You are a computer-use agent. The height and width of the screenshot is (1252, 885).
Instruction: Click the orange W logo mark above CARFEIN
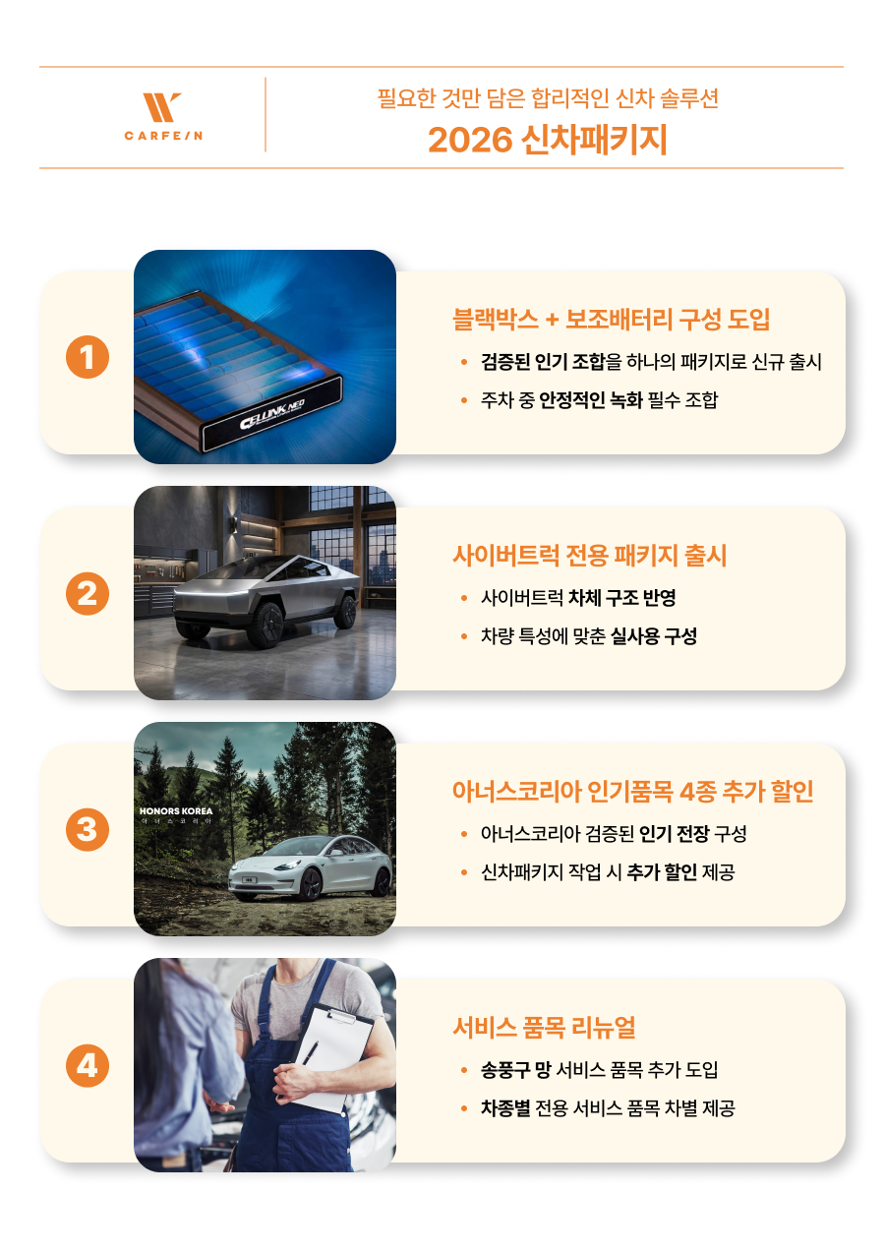161,107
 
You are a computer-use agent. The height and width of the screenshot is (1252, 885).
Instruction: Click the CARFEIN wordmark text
163,136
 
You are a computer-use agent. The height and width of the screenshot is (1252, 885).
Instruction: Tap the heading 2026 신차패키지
547,140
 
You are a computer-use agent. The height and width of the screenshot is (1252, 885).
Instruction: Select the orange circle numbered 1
88,357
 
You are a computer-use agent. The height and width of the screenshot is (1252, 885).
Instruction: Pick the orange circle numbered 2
88,594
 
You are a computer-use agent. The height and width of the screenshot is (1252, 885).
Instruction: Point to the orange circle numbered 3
88,829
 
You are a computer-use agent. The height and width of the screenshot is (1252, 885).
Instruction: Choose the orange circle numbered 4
88,1065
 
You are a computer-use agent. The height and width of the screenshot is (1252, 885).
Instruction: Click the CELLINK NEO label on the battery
272,415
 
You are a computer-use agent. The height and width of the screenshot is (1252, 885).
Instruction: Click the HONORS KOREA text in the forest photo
176,811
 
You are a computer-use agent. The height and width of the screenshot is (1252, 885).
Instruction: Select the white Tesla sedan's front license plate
249,880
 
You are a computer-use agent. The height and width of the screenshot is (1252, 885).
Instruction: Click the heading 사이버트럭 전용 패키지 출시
589,556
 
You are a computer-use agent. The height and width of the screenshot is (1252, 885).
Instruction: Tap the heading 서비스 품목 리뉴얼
544,1028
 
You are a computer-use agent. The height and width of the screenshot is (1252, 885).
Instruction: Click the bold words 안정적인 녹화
591,400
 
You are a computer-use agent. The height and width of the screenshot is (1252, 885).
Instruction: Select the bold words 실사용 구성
654,636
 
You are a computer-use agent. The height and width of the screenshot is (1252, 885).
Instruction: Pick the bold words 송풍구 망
516,1070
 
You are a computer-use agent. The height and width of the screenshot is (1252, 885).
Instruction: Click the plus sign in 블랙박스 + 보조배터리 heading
552,320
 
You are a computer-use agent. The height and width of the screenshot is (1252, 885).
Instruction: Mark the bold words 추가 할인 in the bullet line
662,872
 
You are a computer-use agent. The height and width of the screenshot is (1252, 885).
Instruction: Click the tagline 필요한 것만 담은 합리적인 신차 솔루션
548,98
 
